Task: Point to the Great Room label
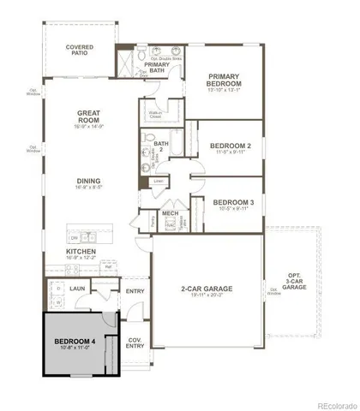pos(89,113)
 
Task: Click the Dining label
pos(88,181)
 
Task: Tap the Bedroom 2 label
pos(230,146)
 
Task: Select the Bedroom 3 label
pos(232,202)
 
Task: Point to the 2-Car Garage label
pos(206,289)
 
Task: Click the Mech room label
pos(170,214)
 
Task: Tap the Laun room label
pos(75,289)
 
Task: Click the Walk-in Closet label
pos(154,111)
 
